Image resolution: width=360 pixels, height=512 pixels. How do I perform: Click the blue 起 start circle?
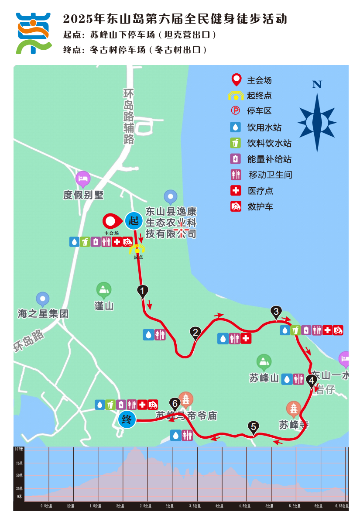(133, 221)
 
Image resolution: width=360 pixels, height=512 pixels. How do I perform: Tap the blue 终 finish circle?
(127, 420)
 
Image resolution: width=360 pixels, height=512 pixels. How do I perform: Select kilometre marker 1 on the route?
(142, 290)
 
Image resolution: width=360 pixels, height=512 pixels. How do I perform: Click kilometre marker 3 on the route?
(276, 312)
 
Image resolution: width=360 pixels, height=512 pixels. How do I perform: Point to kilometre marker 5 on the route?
(253, 426)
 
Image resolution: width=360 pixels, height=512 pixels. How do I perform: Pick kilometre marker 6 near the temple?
(175, 403)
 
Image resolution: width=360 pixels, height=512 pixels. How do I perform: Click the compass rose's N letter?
(317, 85)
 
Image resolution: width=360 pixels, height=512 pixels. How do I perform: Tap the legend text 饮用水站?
(264, 127)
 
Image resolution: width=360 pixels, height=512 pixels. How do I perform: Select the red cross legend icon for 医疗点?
(236, 191)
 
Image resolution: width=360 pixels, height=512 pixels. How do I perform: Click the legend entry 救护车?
(260, 206)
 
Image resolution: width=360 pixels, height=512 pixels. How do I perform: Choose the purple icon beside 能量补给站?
(236, 159)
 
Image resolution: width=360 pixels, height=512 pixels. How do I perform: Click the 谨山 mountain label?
(104, 306)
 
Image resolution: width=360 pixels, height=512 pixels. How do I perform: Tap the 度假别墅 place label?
(83, 195)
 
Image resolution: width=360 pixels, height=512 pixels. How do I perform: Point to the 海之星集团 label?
(43, 313)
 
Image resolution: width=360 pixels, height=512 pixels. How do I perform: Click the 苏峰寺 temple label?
(294, 424)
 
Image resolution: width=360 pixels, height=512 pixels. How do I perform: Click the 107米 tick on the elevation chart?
(19, 449)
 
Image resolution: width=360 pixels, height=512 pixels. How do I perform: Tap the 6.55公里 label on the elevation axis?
(341, 505)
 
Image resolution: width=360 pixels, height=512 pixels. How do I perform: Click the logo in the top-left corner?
(33, 33)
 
